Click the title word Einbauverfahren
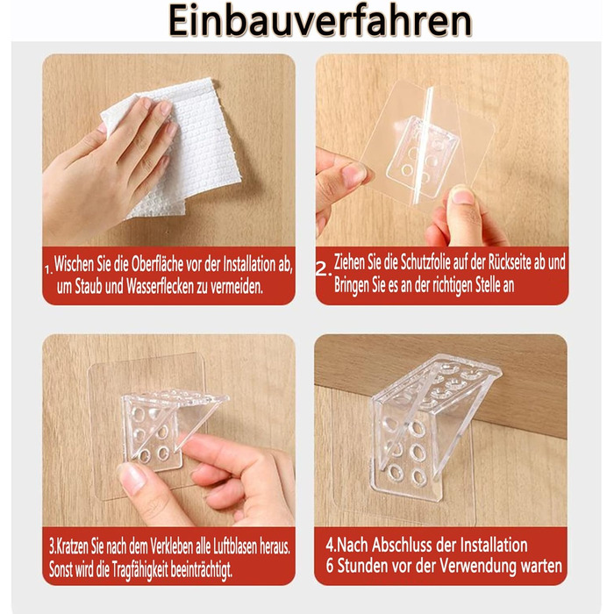coord(320,21)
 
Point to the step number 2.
coord(324,268)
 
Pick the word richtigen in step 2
coord(453,285)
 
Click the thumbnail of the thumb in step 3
coord(132,476)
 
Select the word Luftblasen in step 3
coord(235,546)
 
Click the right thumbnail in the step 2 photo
coord(463,195)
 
